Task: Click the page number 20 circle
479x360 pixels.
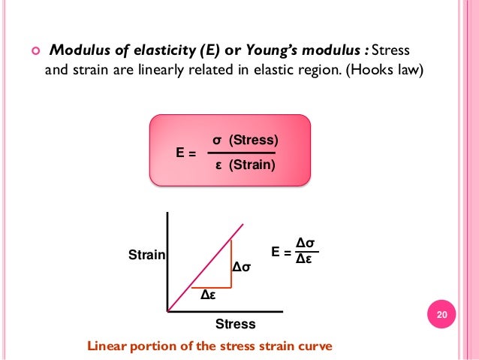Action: pos(441,314)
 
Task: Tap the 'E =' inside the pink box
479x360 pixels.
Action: pos(185,153)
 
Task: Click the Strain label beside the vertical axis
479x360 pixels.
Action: pos(146,255)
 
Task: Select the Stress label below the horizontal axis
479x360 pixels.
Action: pos(235,325)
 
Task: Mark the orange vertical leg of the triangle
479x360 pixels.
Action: pos(231,263)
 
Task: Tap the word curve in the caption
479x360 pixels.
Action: pos(314,347)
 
